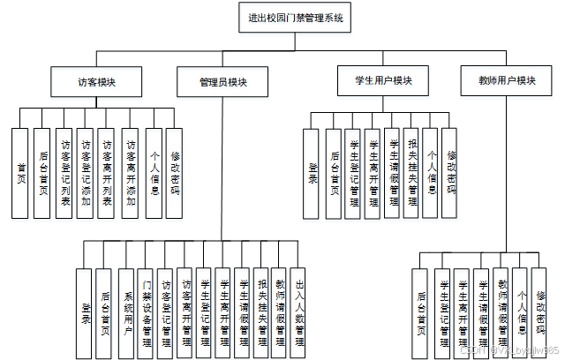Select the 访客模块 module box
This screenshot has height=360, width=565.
[96, 81]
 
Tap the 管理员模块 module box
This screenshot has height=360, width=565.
[223, 81]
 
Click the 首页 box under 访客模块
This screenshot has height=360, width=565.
[21, 173]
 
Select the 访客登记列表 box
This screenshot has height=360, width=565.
[64, 173]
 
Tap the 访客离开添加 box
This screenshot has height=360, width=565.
[131, 173]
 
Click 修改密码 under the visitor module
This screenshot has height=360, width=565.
[175, 173]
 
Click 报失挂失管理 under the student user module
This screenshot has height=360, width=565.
[411, 173]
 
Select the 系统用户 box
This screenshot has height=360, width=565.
[126, 313]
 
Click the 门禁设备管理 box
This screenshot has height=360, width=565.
[147, 313]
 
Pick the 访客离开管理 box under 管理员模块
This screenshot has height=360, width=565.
[185, 313]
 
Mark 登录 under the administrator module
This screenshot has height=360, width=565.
[86, 313]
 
